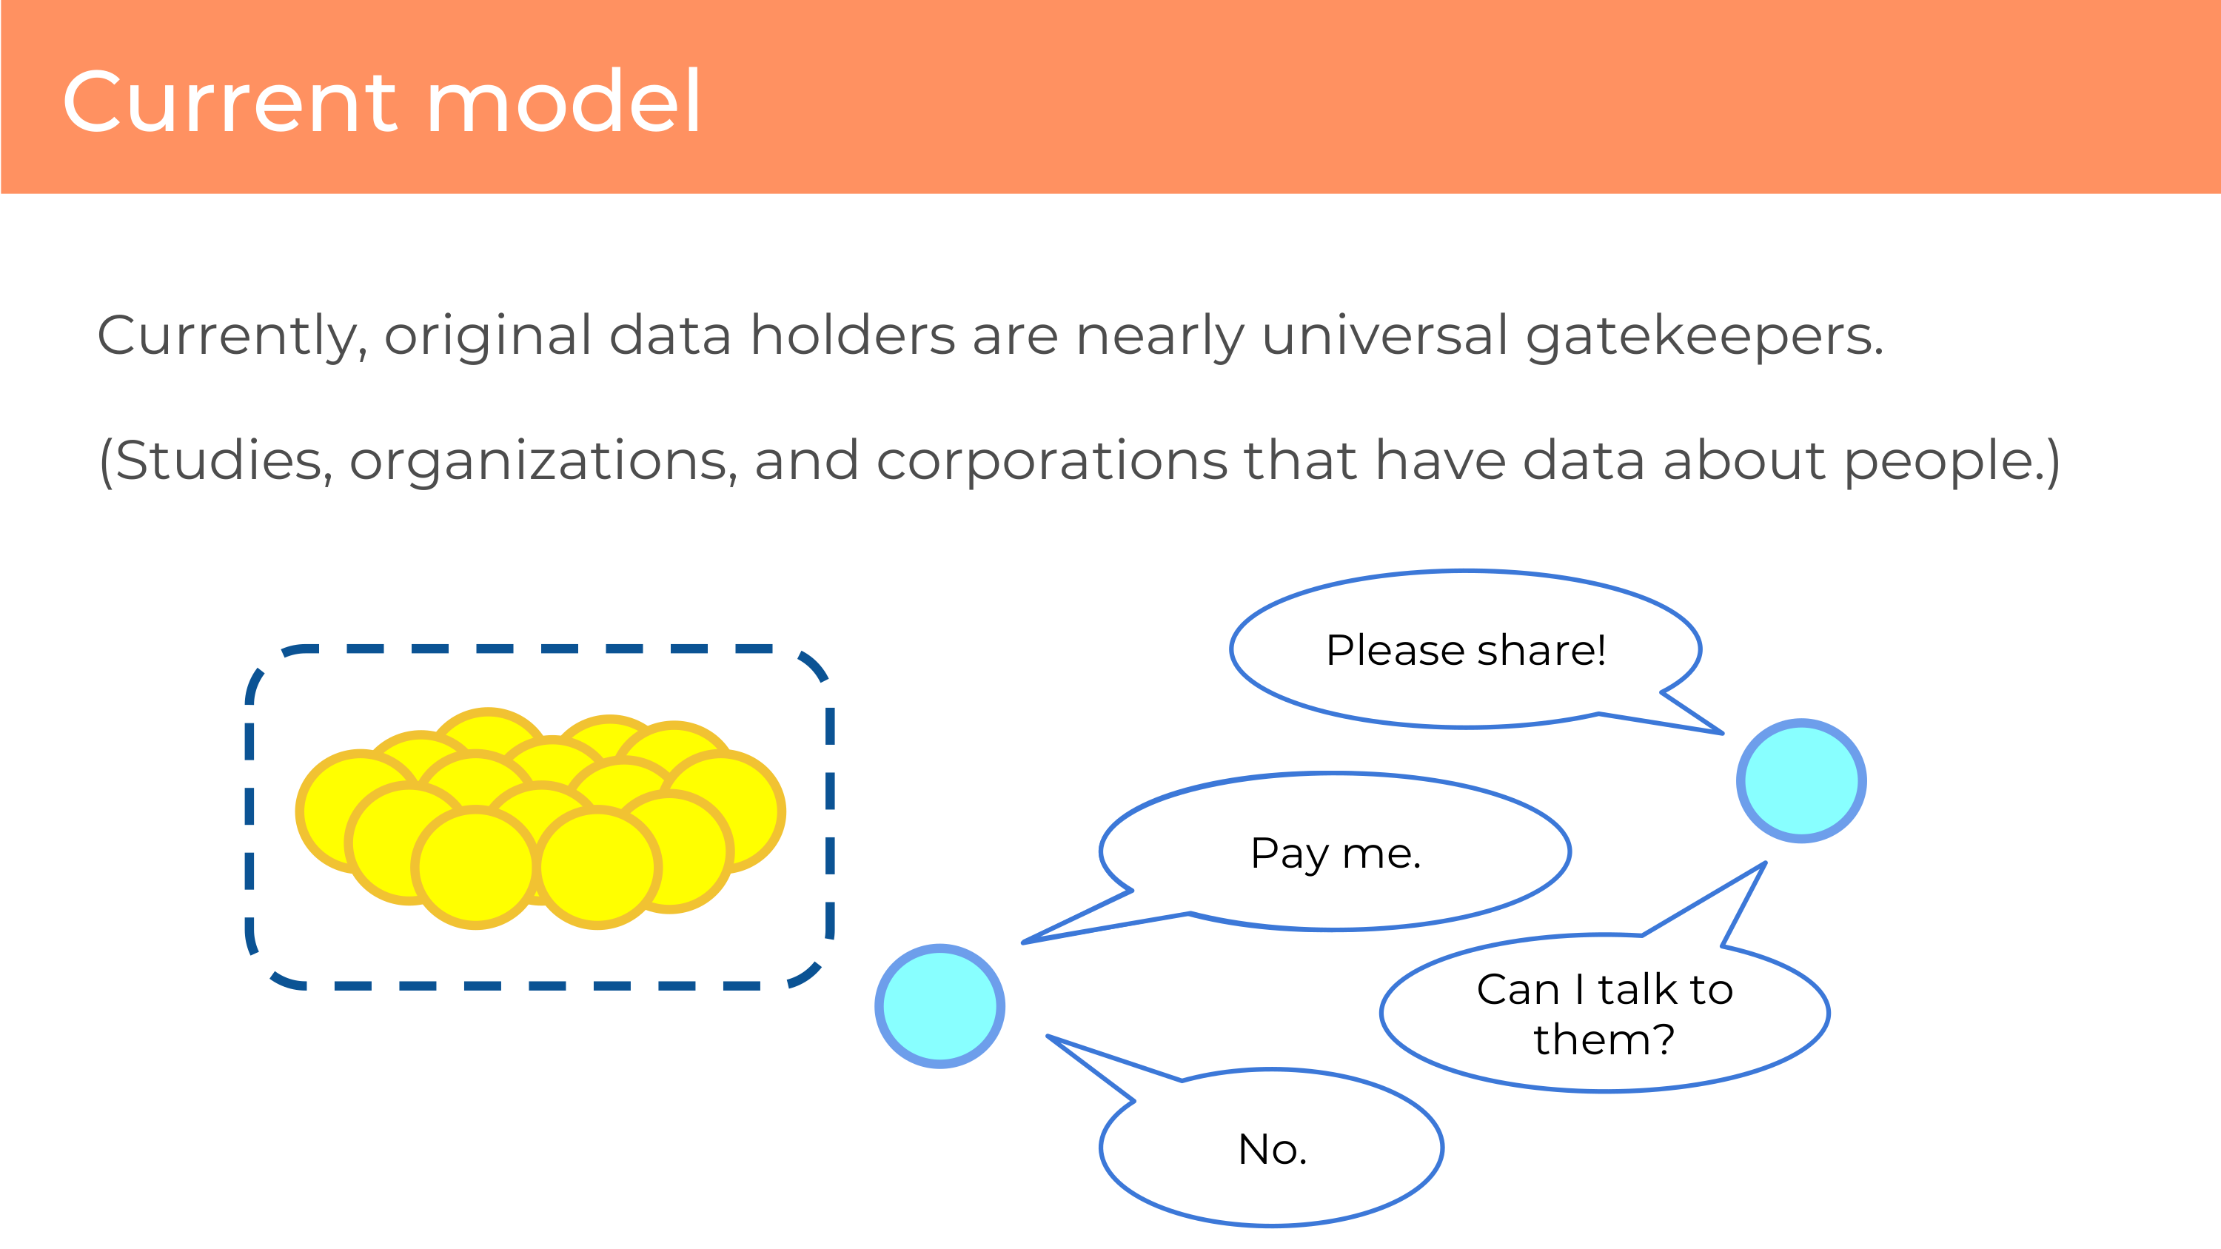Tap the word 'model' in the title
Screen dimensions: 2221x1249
(564, 101)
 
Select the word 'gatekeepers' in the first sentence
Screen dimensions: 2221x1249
(1704, 336)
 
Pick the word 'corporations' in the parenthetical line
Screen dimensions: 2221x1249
(1051, 461)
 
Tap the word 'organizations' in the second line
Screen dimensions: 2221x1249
(543, 461)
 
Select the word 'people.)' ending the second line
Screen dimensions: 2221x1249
(1952, 461)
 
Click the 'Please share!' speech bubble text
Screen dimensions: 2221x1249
(1466, 650)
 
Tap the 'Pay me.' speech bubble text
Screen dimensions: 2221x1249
(1335, 854)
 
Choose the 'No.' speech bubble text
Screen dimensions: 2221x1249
(1273, 1149)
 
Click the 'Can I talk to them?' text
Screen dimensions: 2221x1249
(1604, 1014)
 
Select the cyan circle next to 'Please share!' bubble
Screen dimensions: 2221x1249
(1801, 781)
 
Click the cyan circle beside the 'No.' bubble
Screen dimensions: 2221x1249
(939, 1006)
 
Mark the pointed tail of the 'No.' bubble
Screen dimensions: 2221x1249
(1048, 1036)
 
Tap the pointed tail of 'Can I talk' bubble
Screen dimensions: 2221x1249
(1765, 863)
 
